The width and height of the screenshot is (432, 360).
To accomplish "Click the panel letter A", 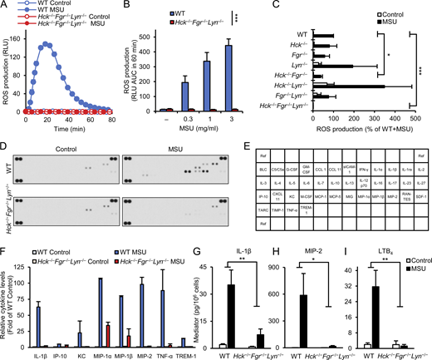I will pyautogui.click(x=5, y=6).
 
